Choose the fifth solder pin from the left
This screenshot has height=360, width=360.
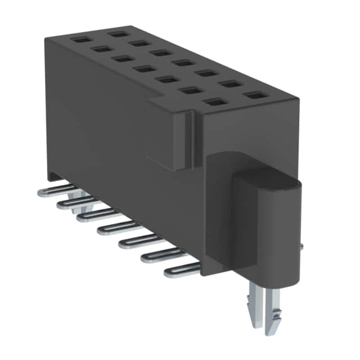click(138, 241)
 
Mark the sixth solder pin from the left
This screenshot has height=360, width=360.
click(160, 255)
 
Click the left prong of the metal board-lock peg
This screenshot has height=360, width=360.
click(254, 312)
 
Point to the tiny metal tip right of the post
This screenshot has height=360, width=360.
click(302, 246)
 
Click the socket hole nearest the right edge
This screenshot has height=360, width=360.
click(256, 95)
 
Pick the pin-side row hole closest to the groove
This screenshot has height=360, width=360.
click(213, 102)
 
